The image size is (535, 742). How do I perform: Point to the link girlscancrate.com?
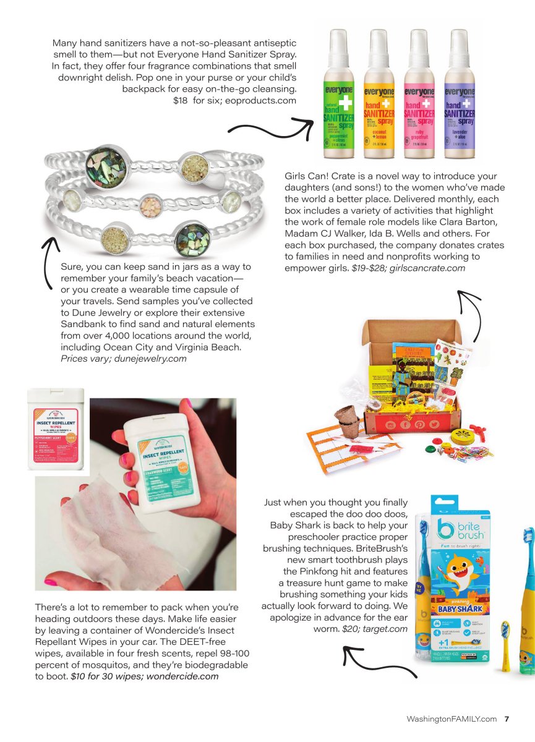427,268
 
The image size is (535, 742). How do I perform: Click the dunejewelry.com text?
150,358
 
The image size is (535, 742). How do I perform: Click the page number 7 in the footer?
507,719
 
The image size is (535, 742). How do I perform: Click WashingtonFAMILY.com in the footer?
452,719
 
